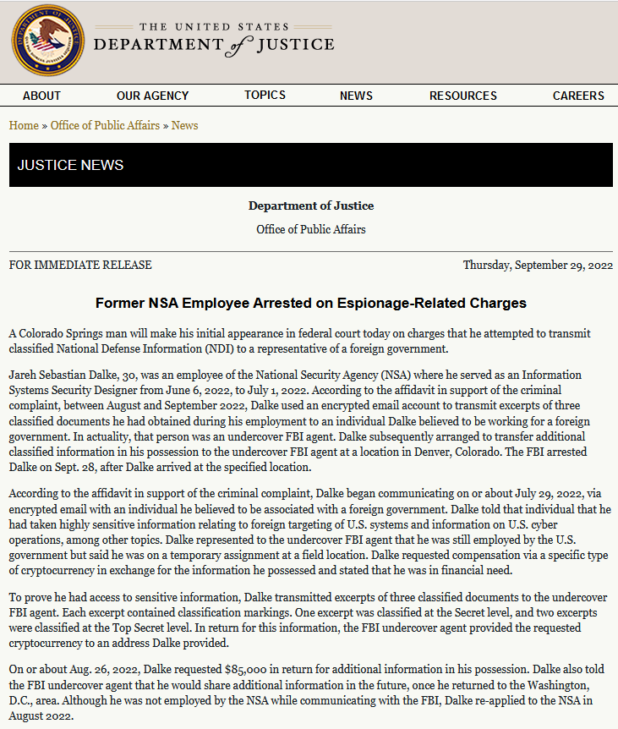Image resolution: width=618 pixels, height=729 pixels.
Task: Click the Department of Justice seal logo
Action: pyautogui.click(x=48, y=41)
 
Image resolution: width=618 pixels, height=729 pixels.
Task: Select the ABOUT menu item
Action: pyautogui.click(x=41, y=96)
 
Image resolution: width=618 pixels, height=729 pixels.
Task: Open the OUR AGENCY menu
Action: pyautogui.click(x=152, y=96)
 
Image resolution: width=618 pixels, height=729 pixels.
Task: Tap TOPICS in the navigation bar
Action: pyautogui.click(x=265, y=95)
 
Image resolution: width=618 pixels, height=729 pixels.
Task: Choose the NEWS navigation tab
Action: pyautogui.click(x=356, y=96)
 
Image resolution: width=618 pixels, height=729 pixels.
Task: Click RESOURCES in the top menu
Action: pyautogui.click(x=462, y=96)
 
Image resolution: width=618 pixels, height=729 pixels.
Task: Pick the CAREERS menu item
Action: pyautogui.click(x=578, y=96)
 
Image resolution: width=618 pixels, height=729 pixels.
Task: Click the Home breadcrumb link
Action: pyautogui.click(x=24, y=125)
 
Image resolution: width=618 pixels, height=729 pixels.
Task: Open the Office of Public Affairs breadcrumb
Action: pyautogui.click(x=105, y=125)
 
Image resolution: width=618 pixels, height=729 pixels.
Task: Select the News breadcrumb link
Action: pyautogui.click(x=184, y=125)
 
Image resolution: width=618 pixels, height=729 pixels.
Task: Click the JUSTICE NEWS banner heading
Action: pyautogui.click(x=70, y=165)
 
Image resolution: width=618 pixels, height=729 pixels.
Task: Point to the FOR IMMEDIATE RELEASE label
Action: pyautogui.click(x=80, y=265)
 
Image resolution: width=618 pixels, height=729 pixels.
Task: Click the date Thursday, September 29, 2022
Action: pyautogui.click(x=538, y=265)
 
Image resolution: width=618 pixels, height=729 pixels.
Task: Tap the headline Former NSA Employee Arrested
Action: pyautogui.click(x=310, y=303)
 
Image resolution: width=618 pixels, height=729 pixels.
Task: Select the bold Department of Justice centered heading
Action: pyautogui.click(x=310, y=206)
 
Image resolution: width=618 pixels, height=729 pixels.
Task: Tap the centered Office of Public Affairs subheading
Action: pyautogui.click(x=310, y=229)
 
